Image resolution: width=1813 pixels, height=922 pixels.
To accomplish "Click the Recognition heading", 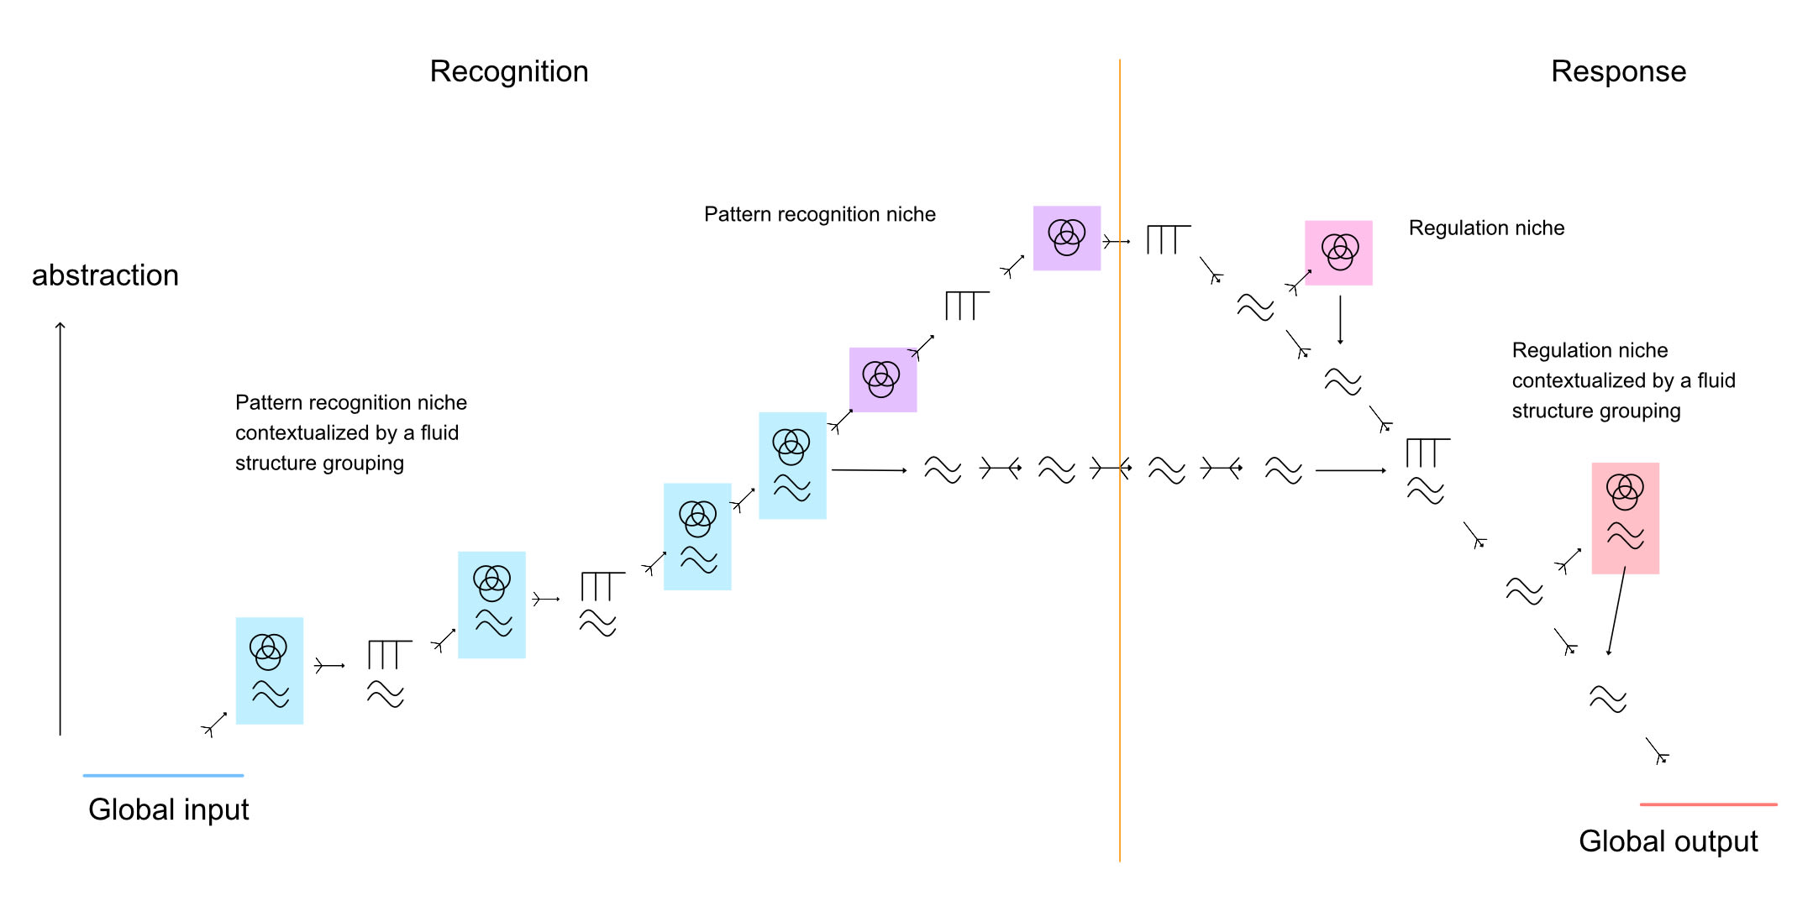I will [508, 71].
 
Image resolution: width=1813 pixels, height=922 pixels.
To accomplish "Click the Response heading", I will [1618, 71].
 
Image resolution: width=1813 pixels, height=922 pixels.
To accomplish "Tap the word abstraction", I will [105, 275].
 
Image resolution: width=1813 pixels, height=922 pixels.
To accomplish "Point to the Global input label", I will [168, 809].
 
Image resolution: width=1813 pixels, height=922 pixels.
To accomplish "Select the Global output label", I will [1668, 841].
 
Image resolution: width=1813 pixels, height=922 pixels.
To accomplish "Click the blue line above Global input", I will [163, 775].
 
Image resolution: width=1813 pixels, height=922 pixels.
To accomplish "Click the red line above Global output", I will [1708, 804].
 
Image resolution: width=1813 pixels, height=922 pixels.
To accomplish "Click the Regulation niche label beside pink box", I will [1486, 228].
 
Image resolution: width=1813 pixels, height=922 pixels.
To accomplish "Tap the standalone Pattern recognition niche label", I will [819, 214].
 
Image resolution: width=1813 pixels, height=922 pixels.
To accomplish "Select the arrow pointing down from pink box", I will [1340, 319].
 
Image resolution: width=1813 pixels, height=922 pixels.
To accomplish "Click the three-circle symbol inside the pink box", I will [1340, 251].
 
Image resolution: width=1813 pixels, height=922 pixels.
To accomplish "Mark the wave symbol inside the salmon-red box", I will [1625, 536].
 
